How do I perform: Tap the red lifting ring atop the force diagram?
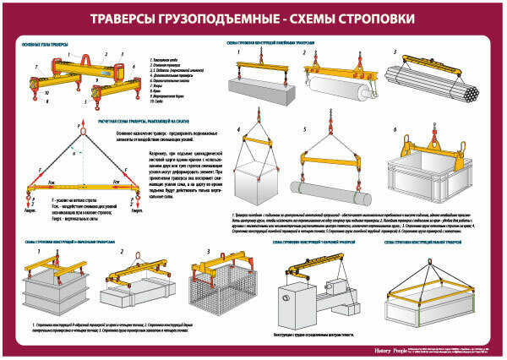point(83,128)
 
